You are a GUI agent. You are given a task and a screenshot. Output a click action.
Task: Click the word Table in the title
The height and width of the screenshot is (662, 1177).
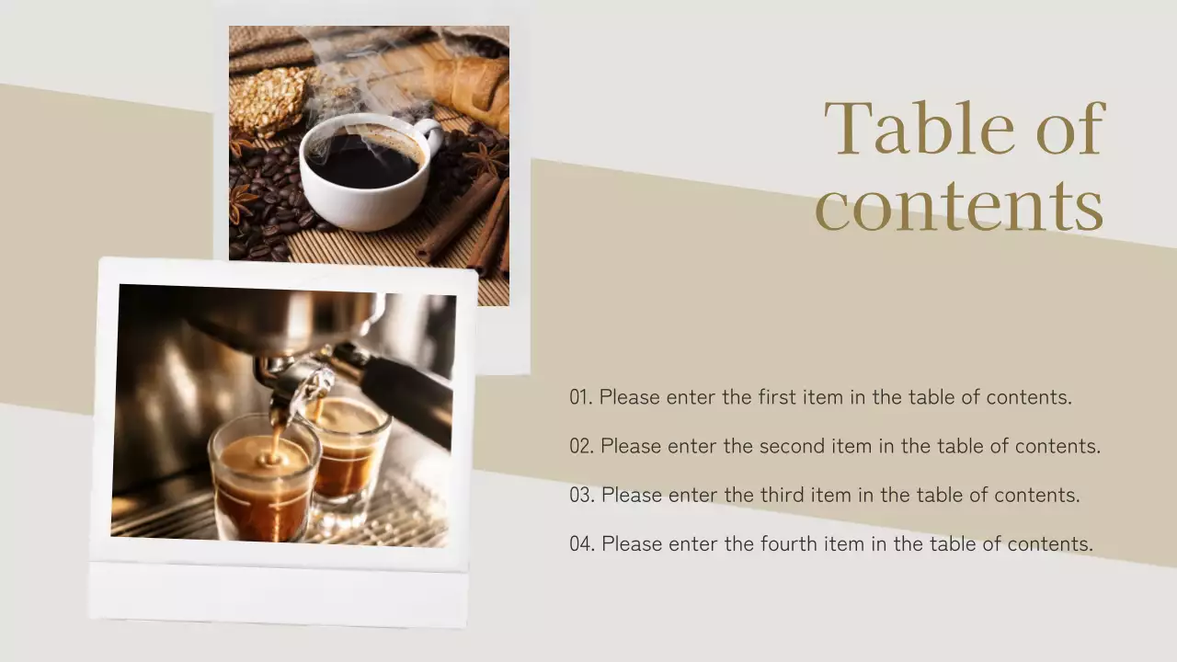point(919,128)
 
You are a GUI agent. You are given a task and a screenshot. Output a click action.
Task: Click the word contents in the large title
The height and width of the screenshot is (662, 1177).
point(959,205)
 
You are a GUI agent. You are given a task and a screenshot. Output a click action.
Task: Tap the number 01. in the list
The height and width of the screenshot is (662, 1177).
point(581,397)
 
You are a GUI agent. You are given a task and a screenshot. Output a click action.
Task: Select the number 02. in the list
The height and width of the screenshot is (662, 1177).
point(582,446)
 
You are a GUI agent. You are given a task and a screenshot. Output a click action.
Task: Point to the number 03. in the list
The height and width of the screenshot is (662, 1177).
point(582,495)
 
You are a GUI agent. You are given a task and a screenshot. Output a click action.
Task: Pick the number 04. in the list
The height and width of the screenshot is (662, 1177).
point(582,543)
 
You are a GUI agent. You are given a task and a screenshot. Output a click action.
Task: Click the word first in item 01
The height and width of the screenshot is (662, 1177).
point(778,396)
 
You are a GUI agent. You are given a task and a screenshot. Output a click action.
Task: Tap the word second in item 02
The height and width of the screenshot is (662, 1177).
point(792,446)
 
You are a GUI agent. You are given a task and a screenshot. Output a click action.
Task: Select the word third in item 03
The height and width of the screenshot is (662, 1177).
point(782,495)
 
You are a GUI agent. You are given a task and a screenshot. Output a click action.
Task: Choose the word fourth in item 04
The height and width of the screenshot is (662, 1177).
point(788,543)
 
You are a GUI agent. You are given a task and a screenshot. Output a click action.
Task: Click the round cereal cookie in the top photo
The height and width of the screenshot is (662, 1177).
point(267,101)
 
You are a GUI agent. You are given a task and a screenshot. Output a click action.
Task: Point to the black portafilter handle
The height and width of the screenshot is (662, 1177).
point(406,396)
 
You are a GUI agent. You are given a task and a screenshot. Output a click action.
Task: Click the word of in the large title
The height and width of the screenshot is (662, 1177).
point(1071,128)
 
